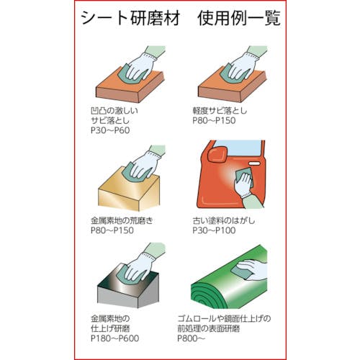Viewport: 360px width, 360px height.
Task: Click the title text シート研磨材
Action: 130,18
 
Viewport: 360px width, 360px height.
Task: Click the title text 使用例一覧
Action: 239,18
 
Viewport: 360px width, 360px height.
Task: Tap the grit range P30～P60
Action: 110,130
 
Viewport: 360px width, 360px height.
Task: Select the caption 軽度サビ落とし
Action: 220,111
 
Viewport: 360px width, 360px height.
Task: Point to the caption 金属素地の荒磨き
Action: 122,220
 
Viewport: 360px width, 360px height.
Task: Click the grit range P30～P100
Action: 214,230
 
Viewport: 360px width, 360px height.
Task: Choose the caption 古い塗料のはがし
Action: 224,220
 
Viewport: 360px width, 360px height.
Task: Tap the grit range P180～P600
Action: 114,338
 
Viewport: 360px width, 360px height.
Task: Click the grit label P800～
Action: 192,338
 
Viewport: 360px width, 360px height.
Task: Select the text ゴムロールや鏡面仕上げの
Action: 224,319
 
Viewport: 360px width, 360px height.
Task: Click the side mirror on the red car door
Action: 217,155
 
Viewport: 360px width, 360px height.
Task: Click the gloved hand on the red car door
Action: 243,185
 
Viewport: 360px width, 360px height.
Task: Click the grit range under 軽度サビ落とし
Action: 214,120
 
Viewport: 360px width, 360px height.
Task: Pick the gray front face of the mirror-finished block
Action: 118,297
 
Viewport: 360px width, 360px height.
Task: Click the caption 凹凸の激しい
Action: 114,111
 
